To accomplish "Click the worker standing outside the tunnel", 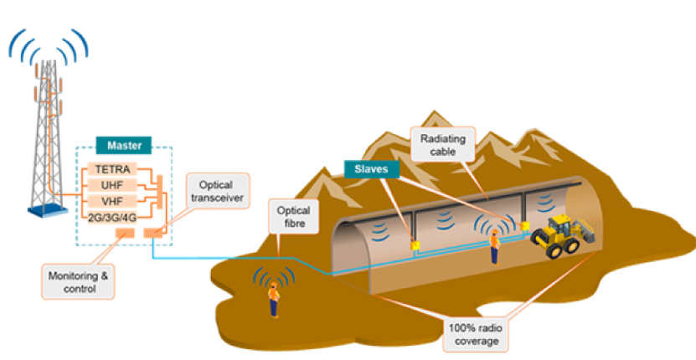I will [273, 299].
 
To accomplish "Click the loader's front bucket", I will [588, 240].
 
